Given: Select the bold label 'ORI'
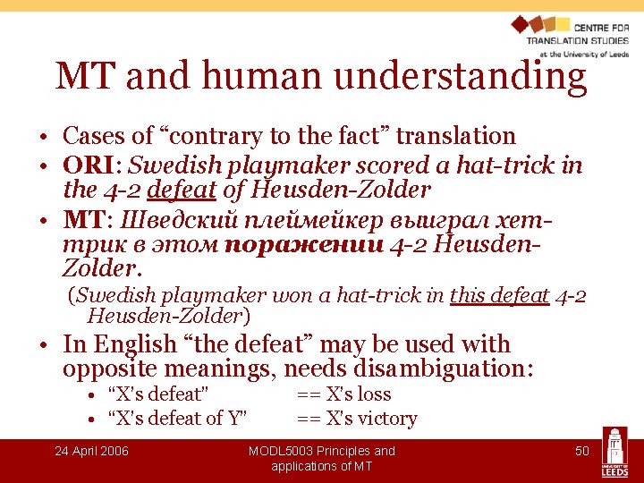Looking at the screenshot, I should point(86,165).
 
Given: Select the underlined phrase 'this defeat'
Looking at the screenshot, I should point(499,295).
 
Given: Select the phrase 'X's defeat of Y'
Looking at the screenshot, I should point(177,419).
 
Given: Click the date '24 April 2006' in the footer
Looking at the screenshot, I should point(91,451).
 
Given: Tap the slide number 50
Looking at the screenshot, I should point(581,451).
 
